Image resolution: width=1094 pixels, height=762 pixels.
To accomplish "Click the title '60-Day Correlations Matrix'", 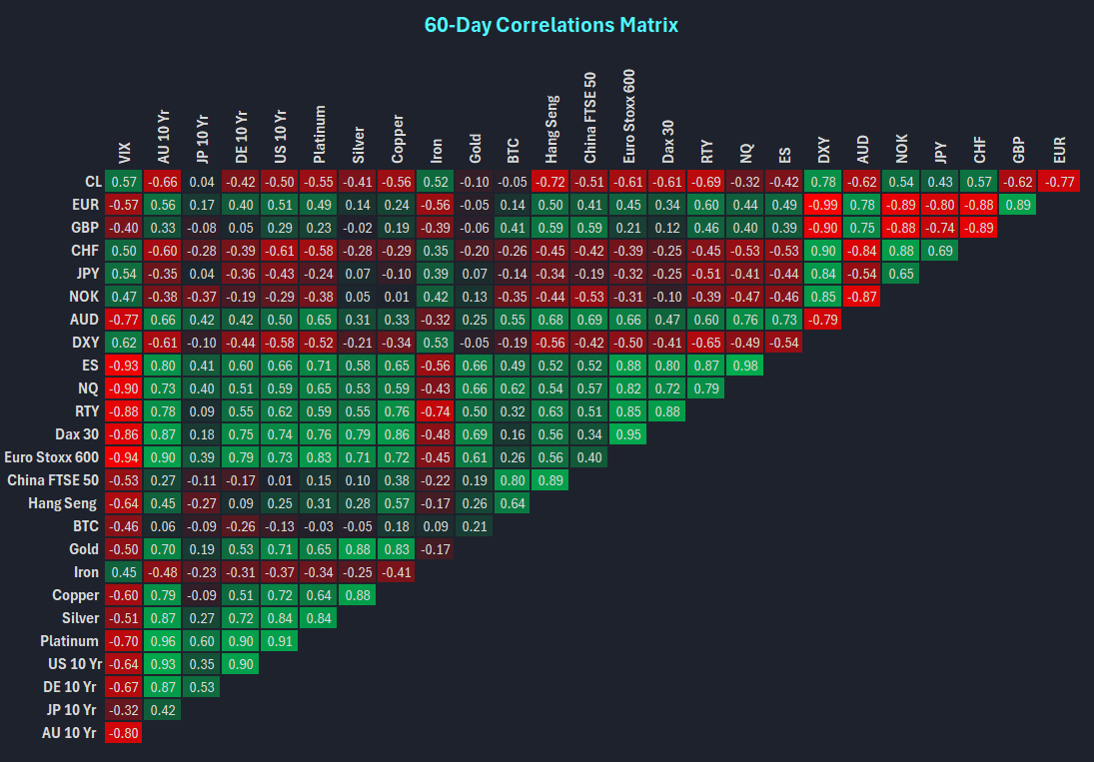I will [550, 25].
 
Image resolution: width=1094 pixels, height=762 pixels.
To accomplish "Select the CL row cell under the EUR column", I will [1058, 182].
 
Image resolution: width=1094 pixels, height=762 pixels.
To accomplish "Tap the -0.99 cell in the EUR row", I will [823, 205].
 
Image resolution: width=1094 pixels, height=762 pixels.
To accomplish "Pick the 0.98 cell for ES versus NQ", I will [745, 366].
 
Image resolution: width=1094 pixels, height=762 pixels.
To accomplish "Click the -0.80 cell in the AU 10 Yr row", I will [124, 733].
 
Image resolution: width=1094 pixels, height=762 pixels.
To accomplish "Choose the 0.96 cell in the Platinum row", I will [163, 641].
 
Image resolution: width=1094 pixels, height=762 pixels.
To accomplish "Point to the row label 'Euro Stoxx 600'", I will [50, 457].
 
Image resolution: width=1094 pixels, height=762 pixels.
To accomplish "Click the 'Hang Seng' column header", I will [552, 129].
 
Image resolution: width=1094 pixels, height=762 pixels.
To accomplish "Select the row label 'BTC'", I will [85, 526].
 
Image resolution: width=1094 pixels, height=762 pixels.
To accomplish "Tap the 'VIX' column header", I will [124, 153].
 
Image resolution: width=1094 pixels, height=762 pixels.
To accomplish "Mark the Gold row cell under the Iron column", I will [436, 549].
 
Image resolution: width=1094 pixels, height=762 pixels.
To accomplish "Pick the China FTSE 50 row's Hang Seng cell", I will [552, 480].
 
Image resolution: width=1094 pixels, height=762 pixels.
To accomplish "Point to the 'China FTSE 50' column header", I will [590, 117].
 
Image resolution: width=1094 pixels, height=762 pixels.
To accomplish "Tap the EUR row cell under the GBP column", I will [1019, 205].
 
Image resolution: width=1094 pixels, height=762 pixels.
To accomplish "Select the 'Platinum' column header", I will [319, 134].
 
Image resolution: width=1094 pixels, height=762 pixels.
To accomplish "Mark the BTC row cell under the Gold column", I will [475, 526].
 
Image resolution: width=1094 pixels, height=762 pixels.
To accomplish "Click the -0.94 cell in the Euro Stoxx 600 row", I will [124, 457].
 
